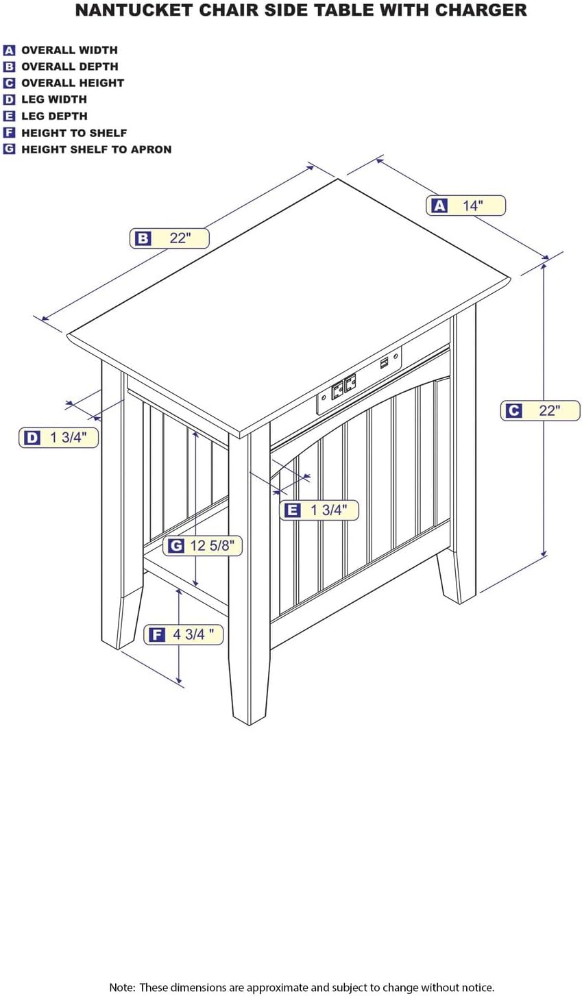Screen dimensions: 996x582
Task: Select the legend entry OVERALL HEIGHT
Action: (x=72, y=83)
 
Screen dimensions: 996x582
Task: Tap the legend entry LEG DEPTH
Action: (x=54, y=116)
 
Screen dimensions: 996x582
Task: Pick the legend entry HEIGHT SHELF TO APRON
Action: (x=96, y=149)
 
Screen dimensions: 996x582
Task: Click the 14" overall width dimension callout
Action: (x=465, y=205)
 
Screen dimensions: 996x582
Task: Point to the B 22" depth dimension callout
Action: (x=169, y=238)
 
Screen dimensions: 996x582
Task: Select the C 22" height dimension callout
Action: (x=542, y=410)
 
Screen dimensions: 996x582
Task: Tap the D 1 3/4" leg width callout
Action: (x=58, y=438)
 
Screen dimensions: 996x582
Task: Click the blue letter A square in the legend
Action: (x=9, y=50)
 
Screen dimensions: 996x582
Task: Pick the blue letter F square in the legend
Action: (x=9, y=133)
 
